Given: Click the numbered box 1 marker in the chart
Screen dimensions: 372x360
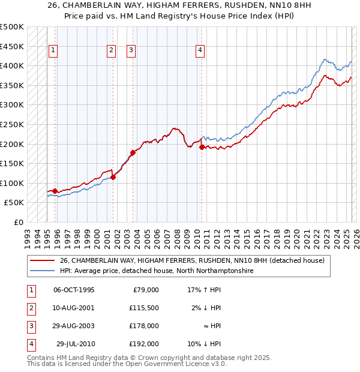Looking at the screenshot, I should tap(54, 51).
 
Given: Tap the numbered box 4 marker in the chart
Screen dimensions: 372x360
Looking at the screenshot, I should tap(199, 51).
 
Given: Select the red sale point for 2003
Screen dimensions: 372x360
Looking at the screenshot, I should tap(133, 152).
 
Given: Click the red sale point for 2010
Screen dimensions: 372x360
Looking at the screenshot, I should tap(202, 147).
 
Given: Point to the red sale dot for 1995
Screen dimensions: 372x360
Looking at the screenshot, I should tap(55, 191).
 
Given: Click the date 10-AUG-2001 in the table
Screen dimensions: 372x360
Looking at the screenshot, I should tap(74, 308).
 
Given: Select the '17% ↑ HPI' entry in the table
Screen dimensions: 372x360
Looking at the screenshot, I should tap(204, 290).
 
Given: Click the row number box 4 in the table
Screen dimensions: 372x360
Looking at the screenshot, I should tap(31, 344).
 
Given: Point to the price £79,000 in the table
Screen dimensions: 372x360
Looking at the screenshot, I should tap(145, 290).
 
